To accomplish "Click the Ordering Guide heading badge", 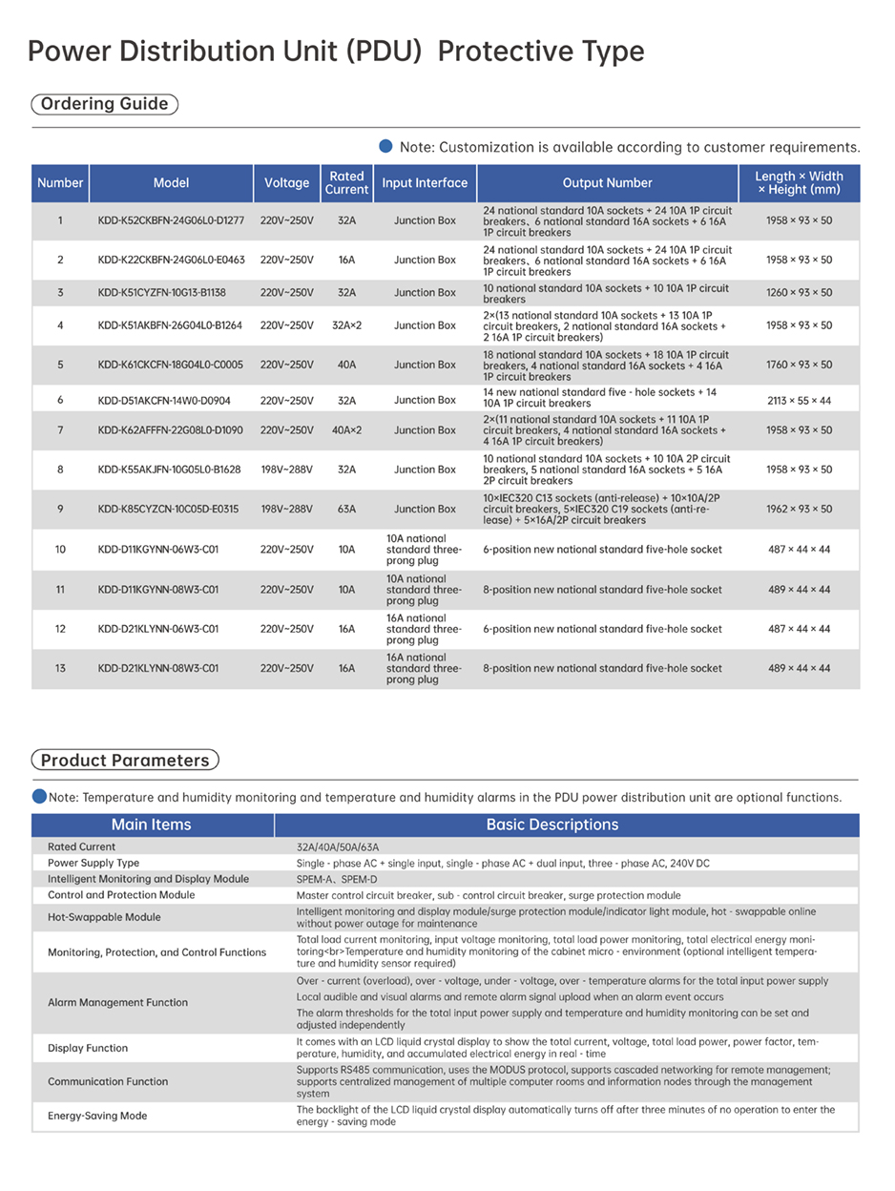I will pos(105,104).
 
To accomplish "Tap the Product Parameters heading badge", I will pos(125,761).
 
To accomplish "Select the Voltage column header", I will pos(286,183).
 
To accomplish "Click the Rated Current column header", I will pos(346,183).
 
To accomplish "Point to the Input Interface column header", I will pos(425,183).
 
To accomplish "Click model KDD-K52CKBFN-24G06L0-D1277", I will pos(171,220).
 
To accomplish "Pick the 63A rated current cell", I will pos(346,509).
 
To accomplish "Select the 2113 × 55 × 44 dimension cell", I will pos(799,401).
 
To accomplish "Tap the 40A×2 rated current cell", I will pos(346,430).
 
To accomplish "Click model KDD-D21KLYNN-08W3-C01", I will pos(157,669).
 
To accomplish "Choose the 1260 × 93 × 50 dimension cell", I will pos(799,293).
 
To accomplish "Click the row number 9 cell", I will pos(60,509).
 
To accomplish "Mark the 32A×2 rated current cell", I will pos(346,325).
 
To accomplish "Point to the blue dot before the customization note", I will pos(386,146).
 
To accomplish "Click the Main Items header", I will pos(152,825).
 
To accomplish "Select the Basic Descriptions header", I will pos(552,825).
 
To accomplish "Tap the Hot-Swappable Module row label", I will pos(104,917).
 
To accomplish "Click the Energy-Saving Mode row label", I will pos(97,1116).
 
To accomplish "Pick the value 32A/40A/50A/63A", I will pos(338,846).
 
